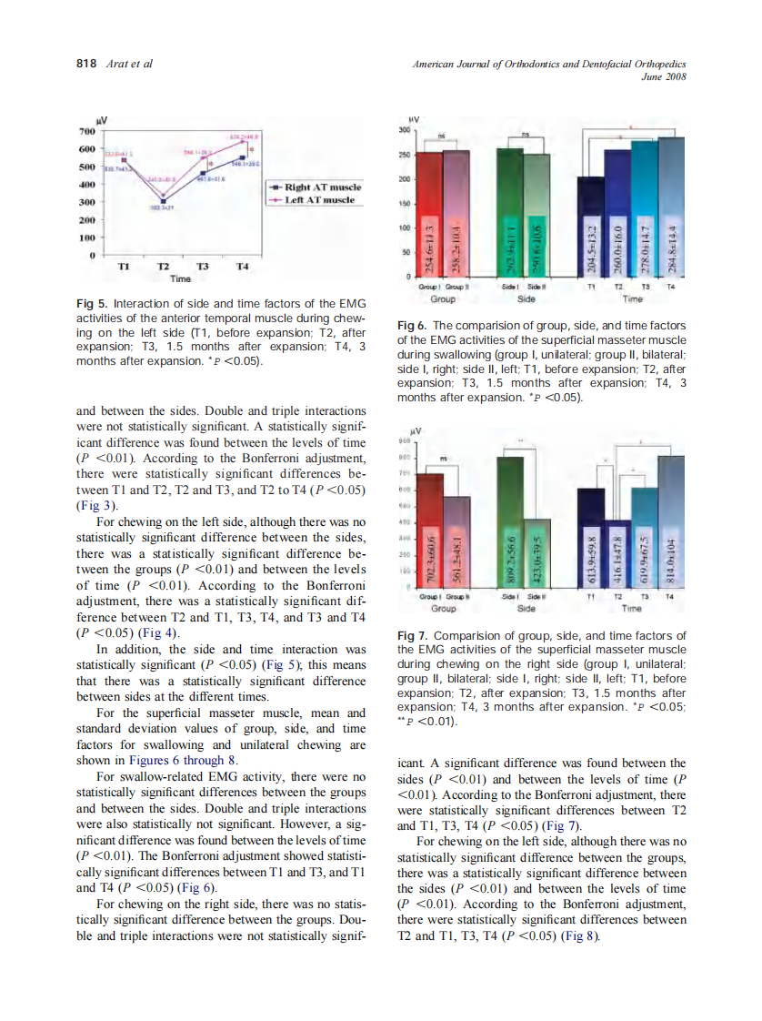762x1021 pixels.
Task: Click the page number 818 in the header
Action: [85, 64]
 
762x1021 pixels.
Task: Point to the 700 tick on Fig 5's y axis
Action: [88, 131]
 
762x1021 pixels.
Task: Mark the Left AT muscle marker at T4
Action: [242, 141]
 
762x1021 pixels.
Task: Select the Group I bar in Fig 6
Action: [429, 214]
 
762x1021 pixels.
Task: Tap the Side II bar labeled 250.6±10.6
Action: [537, 216]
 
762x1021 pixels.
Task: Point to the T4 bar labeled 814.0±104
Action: [671, 523]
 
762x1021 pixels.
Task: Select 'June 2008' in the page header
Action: [663, 76]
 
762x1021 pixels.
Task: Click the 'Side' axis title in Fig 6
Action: [525, 297]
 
